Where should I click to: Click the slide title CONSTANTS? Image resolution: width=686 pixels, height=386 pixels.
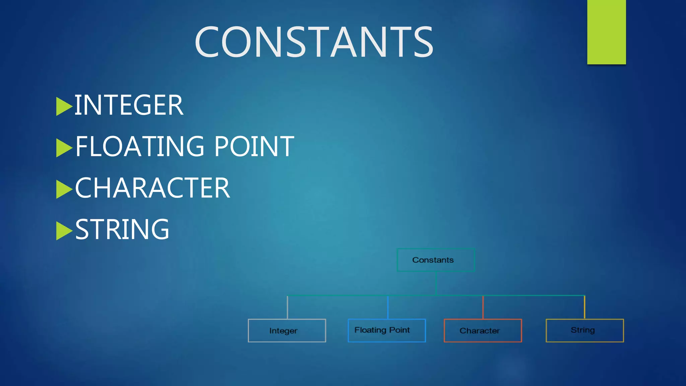[314, 42]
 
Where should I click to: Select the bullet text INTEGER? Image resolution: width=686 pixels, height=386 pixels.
[129, 105]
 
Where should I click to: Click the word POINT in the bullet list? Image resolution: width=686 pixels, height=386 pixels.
[254, 146]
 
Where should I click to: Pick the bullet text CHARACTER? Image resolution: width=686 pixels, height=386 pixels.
[152, 188]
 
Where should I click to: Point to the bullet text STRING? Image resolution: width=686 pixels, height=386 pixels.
[122, 230]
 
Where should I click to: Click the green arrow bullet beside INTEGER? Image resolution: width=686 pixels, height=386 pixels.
[64, 107]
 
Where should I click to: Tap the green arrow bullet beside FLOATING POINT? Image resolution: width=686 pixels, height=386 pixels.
[64, 148]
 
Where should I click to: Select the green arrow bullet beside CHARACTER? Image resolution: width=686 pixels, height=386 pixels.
[64, 189]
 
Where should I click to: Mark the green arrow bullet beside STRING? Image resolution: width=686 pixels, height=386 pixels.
[64, 231]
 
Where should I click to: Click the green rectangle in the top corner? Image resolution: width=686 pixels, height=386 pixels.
[606, 32]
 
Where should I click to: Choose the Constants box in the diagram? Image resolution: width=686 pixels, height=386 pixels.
[435, 260]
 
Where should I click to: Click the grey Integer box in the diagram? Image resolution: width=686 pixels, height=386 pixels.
[287, 331]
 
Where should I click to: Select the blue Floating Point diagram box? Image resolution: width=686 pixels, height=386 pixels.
[387, 330]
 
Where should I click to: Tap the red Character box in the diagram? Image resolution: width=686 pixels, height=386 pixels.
[483, 331]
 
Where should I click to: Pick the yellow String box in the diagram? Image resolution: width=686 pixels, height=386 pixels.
[585, 330]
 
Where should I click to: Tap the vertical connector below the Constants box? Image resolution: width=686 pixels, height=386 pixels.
[436, 283]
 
